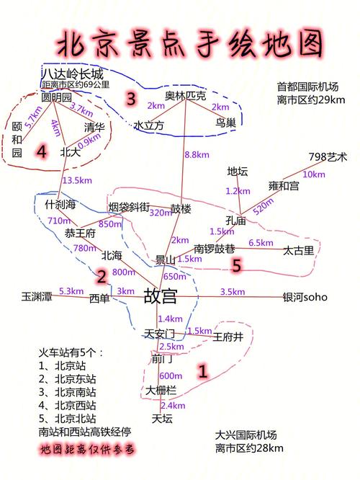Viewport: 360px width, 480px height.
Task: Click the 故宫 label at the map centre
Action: click(x=161, y=295)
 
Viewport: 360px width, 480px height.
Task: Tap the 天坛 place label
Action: click(x=162, y=419)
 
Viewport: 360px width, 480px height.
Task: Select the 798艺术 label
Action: click(x=328, y=156)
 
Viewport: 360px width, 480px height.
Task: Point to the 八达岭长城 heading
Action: click(x=73, y=74)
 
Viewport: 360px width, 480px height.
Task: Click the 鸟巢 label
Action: click(x=226, y=123)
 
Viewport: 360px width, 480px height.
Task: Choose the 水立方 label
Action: click(x=149, y=125)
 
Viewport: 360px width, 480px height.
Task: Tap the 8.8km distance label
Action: click(x=197, y=154)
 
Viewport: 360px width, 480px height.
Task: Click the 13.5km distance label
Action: click(x=77, y=180)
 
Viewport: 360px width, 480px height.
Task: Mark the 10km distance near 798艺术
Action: click(x=314, y=174)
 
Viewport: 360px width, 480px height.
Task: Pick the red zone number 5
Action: click(x=237, y=265)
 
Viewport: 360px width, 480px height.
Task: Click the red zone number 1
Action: click(x=203, y=371)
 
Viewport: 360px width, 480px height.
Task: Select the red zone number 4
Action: click(x=42, y=151)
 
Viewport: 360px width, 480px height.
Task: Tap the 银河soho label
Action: click(x=305, y=297)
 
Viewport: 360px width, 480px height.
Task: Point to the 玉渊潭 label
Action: click(x=37, y=296)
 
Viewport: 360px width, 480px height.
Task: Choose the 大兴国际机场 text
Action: click(x=246, y=435)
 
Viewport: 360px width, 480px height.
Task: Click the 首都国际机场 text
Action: click(x=307, y=86)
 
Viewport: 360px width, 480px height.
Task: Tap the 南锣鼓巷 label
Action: click(x=214, y=249)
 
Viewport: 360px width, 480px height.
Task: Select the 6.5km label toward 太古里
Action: click(x=261, y=243)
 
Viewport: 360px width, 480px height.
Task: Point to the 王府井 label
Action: click(x=228, y=337)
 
